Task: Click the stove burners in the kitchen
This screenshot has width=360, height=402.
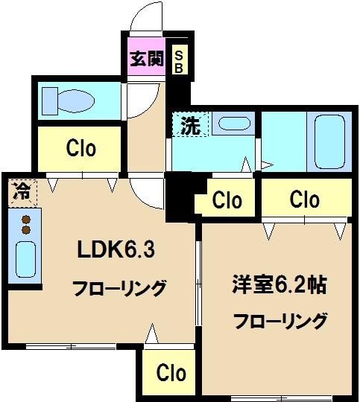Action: point(25,224)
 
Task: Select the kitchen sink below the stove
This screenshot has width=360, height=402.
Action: point(25,258)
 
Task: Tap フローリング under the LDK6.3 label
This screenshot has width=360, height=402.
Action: point(119,288)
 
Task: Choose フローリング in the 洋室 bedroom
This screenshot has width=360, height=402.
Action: point(280,321)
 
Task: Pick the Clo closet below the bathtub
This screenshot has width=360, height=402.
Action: point(304,200)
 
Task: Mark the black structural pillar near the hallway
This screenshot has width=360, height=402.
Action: point(177,196)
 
